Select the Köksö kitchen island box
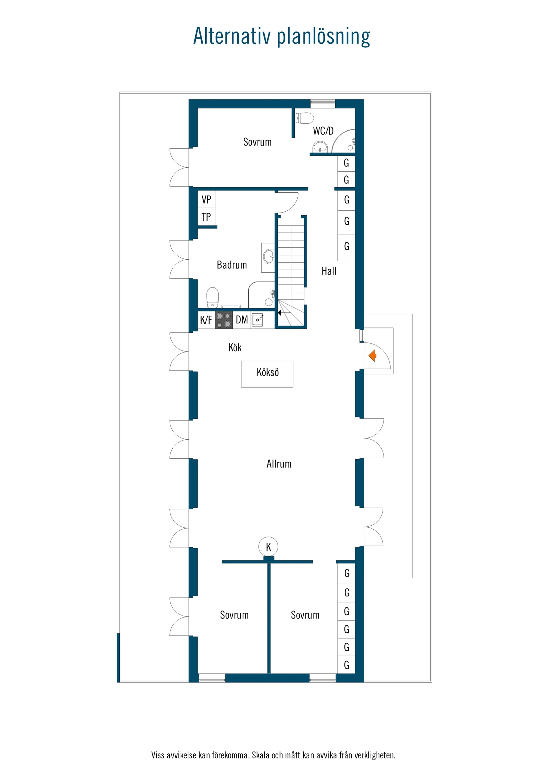pyautogui.click(x=267, y=374)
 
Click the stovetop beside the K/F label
pyautogui.click(x=223, y=320)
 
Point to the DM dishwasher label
pyautogui.click(x=242, y=320)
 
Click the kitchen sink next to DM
pyautogui.click(x=258, y=319)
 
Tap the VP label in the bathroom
pyautogui.click(x=206, y=200)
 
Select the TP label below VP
pyautogui.click(x=206, y=217)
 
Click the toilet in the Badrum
pyautogui.click(x=212, y=297)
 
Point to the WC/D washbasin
pyautogui.click(x=320, y=147)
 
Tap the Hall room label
pyautogui.click(x=329, y=271)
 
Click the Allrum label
pyautogui.click(x=279, y=464)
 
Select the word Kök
pyautogui.click(x=235, y=348)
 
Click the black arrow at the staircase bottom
pyautogui.click(x=279, y=313)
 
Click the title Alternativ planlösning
pyautogui.click(x=281, y=36)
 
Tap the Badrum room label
pyautogui.click(x=231, y=265)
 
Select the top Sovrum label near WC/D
pyautogui.click(x=257, y=142)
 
